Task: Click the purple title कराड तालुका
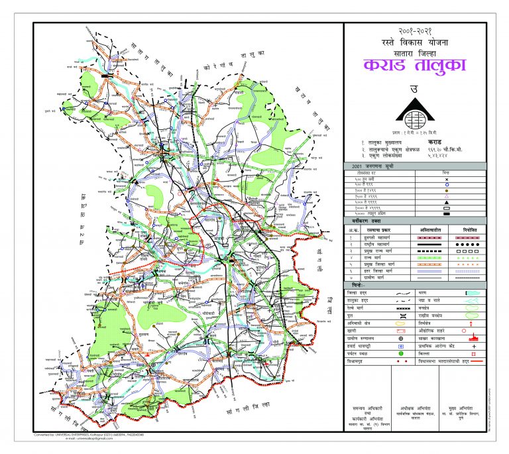[415, 66]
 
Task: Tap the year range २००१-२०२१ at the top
[415, 32]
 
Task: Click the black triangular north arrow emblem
[415, 113]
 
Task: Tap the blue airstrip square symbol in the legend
[401, 347]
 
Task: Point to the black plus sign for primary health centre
[473, 347]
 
